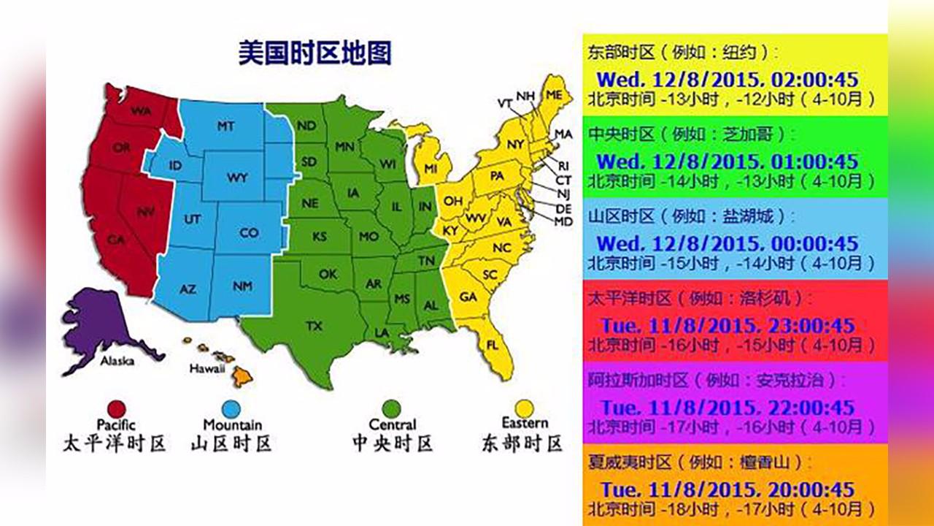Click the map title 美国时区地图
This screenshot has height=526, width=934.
coord(314,53)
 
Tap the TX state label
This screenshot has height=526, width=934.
coord(314,325)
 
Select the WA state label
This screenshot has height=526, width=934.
coord(141,111)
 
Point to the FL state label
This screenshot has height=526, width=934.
coord(493,344)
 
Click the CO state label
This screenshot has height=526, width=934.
coord(249,233)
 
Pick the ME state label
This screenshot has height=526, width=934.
coord(555,96)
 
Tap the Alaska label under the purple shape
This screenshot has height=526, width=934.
coord(117,361)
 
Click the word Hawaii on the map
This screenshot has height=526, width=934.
coord(207,369)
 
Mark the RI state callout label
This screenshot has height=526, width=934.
coord(563,165)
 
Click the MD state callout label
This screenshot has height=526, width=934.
coord(563,221)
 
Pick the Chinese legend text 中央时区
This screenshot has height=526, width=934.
coord(393,443)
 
